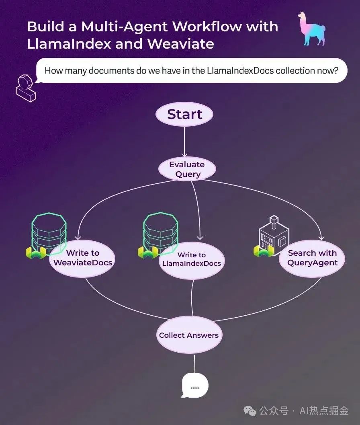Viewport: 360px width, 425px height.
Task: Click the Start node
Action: click(184, 114)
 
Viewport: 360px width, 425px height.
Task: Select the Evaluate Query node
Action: click(187, 169)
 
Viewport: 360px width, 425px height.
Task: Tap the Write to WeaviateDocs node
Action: click(83, 258)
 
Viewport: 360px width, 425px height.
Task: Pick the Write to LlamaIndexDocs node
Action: click(192, 259)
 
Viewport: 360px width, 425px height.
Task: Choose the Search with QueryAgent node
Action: click(312, 258)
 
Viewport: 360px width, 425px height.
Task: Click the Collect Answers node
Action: click(189, 335)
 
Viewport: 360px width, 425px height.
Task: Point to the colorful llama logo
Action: click(312, 29)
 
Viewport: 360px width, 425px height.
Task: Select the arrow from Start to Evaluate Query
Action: click(184, 141)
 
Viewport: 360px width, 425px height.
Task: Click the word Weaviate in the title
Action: click(181, 44)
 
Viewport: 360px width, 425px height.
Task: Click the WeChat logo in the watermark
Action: click(251, 411)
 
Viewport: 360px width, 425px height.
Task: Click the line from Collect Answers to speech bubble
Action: click(195, 362)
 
